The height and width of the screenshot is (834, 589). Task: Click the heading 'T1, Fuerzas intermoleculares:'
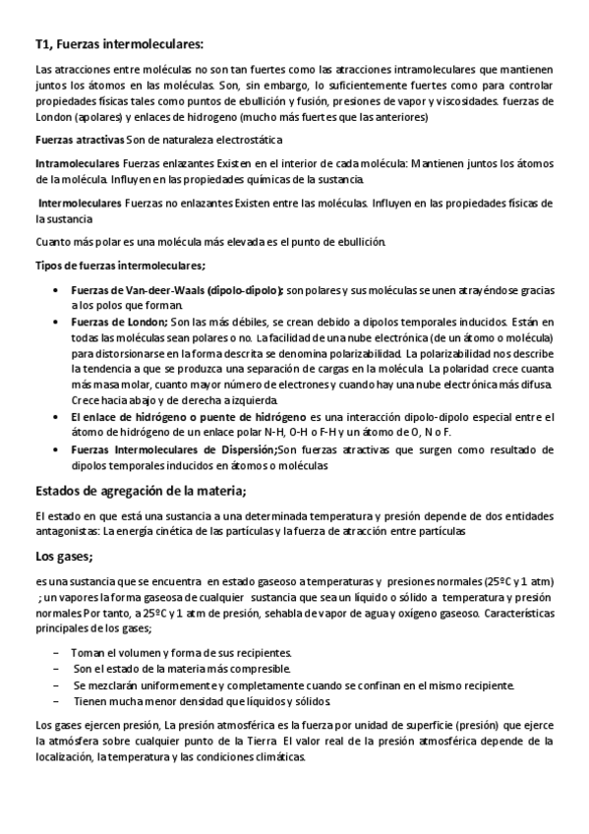coord(118,43)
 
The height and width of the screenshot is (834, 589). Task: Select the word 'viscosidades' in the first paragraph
coord(470,101)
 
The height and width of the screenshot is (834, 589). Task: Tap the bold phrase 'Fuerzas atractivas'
coord(78,141)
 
